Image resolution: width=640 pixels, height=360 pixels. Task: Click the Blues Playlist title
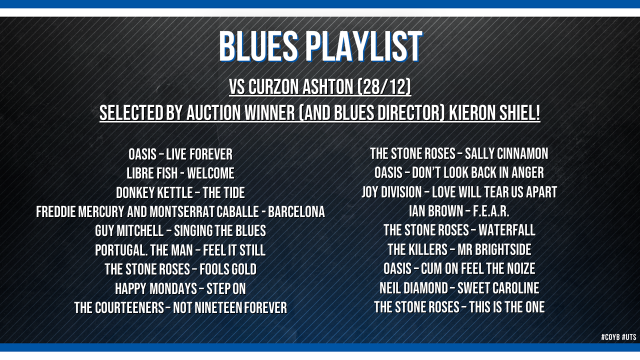[x=320, y=46]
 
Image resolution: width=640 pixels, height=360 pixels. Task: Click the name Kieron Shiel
[x=494, y=112]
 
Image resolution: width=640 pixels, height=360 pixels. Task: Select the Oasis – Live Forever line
[x=180, y=154]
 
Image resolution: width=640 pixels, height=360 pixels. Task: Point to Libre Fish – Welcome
[x=180, y=173]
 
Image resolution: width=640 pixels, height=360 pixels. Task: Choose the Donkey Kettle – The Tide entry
[x=180, y=193]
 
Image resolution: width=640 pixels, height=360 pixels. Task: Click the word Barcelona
[x=296, y=212]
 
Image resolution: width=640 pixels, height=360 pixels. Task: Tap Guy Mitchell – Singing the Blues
[x=180, y=231]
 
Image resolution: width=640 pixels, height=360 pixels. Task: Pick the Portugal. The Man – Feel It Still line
[x=180, y=250]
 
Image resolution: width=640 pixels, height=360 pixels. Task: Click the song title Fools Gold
[x=228, y=269]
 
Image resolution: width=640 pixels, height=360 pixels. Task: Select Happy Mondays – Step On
[x=180, y=288]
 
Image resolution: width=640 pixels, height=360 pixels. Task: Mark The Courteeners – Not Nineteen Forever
[x=180, y=308]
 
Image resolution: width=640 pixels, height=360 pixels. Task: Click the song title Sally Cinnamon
[x=506, y=153]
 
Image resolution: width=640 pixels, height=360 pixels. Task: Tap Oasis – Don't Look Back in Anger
[x=459, y=173]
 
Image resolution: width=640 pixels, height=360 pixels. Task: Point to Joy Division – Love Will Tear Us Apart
[x=459, y=192]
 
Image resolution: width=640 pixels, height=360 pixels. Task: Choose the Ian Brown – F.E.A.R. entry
[x=459, y=211]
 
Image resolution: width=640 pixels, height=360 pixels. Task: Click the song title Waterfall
[x=507, y=230]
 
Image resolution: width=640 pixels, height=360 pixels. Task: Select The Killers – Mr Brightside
[x=459, y=249]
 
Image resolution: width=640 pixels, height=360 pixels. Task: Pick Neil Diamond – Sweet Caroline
[x=459, y=288]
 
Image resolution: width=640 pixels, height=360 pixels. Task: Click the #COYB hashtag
[x=610, y=337]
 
